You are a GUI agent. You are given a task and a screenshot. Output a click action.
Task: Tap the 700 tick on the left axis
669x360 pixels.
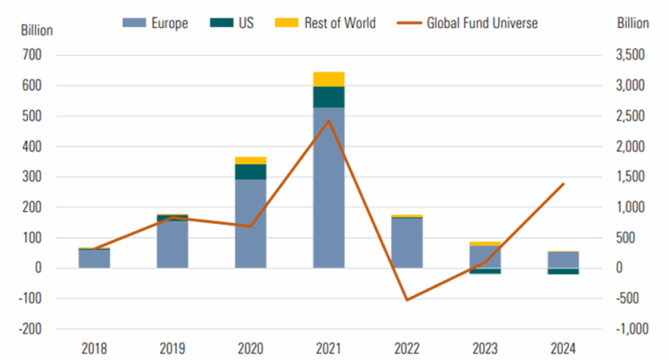click(33, 56)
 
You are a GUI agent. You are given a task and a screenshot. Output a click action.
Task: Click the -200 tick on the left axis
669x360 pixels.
click(31, 329)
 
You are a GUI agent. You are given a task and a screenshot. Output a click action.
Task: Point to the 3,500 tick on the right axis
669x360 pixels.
click(631, 56)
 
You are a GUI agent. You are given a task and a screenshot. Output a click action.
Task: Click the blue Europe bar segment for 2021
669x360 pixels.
click(328, 187)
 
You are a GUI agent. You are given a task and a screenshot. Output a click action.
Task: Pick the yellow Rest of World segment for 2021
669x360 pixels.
click(328, 79)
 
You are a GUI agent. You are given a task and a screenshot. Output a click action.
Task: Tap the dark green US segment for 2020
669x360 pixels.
click(251, 172)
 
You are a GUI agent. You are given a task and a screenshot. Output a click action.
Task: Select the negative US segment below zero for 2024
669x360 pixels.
click(562, 271)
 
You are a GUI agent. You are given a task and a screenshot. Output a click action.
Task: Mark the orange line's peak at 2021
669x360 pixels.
click(328, 119)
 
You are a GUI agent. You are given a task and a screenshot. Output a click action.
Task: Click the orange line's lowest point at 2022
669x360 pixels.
click(406, 300)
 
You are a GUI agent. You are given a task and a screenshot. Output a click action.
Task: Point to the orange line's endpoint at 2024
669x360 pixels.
click(562, 184)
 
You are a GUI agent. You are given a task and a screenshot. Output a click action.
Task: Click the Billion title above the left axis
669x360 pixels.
click(37, 30)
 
